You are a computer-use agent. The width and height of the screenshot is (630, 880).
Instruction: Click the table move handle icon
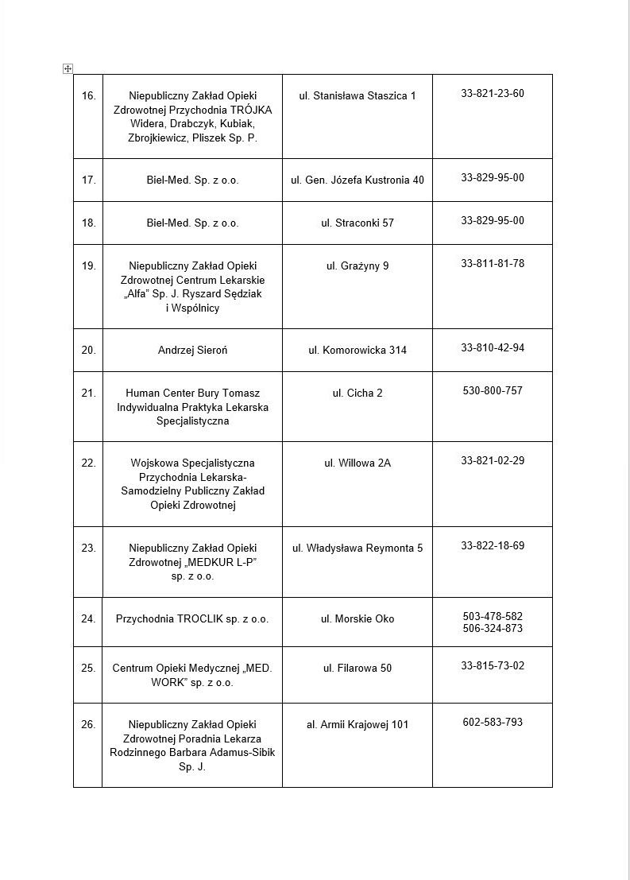click(x=68, y=69)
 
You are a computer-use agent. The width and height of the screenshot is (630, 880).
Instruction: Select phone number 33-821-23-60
click(x=493, y=94)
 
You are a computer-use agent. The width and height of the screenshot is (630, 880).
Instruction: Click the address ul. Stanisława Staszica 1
click(x=358, y=96)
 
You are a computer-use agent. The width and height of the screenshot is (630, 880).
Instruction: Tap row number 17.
click(x=88, y=180)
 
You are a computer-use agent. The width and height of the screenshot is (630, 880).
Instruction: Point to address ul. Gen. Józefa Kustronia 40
click(x=358, y=180)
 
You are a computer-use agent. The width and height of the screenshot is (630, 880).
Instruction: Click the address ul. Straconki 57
click(x=358, y=223)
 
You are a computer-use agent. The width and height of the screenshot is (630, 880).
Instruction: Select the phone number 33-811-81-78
click(x=493, y=263)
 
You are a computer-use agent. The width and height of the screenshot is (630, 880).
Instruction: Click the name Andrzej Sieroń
click(x=192, y=350)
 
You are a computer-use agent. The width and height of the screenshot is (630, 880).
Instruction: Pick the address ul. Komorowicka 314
click(x=358, y=350)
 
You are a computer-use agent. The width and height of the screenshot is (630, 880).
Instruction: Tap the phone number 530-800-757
click(x=493, y=390)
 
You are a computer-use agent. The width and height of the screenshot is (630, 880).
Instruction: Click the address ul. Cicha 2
click(x=358, y=393)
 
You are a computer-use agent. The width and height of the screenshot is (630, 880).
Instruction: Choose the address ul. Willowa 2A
click(x=358, y=463)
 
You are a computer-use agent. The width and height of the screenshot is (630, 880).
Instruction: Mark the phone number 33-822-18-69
click(x=493, y=546)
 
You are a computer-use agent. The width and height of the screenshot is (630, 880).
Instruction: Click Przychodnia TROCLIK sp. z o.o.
click(x=192, y=618)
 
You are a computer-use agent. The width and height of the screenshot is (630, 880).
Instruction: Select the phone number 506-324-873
click(x=493, y=629)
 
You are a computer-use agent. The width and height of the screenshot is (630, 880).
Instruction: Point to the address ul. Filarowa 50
click(x=358, y=668)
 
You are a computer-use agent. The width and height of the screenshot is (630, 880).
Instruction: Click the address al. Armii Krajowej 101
click(x=358, y=724)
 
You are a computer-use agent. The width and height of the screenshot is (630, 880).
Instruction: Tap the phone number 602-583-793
click(x=493, y=722)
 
